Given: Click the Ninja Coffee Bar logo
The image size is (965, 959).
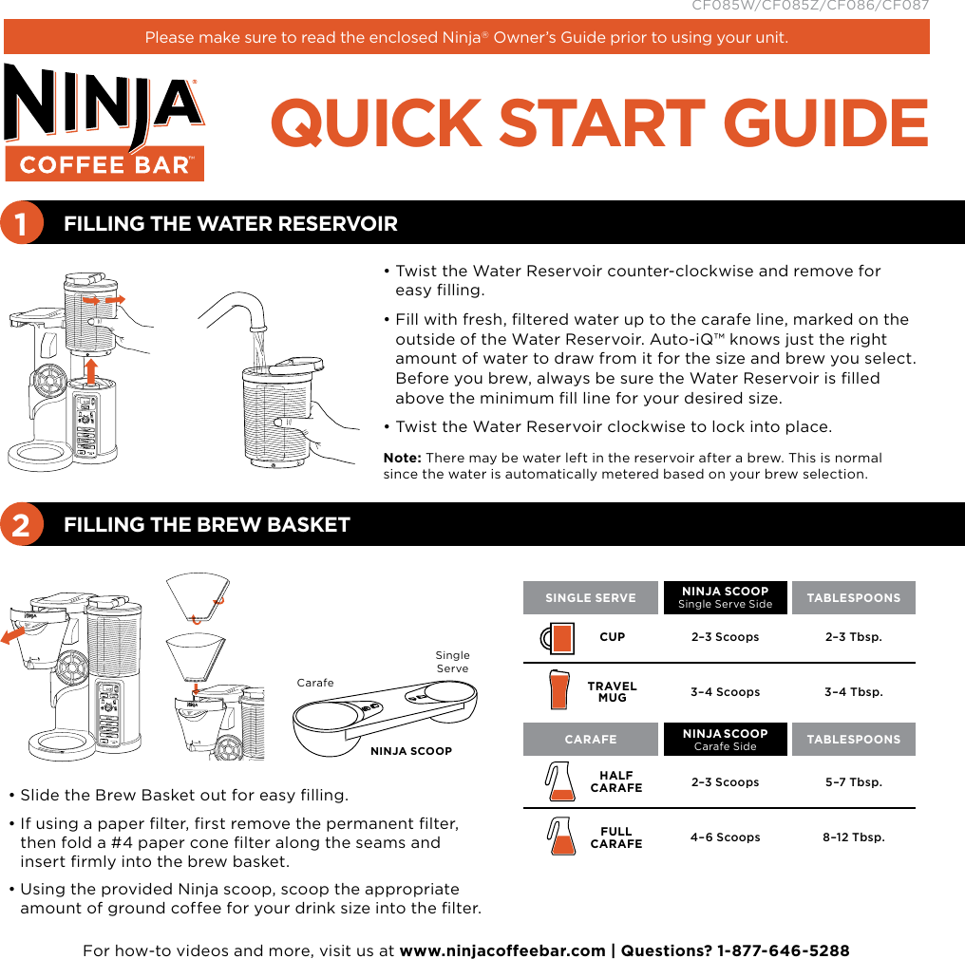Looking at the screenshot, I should point(104,122).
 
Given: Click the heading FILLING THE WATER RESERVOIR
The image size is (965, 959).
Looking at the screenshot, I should point(230,224).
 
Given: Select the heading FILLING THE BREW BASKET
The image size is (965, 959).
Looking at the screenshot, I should point(206,525).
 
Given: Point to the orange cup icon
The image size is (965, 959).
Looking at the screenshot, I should point(559,637).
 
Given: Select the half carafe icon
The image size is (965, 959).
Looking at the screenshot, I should point(559,781).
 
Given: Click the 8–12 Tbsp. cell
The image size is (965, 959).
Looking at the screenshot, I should point(854,837).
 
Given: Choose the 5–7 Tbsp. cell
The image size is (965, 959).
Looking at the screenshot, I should point(854,782).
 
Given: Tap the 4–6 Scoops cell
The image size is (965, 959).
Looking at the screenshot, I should point(725,837).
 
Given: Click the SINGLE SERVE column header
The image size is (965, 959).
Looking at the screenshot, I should point(590,598).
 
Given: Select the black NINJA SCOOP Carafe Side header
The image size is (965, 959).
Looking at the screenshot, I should point(725,739).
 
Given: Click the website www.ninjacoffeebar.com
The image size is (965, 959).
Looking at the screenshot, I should point(502,950).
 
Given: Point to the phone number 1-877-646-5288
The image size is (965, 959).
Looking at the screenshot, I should point(784,950).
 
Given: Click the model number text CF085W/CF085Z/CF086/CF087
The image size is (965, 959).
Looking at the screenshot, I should point(809,6).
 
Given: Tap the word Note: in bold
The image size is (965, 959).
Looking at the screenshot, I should point(403,458).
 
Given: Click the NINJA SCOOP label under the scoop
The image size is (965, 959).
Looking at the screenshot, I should point(410,751).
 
